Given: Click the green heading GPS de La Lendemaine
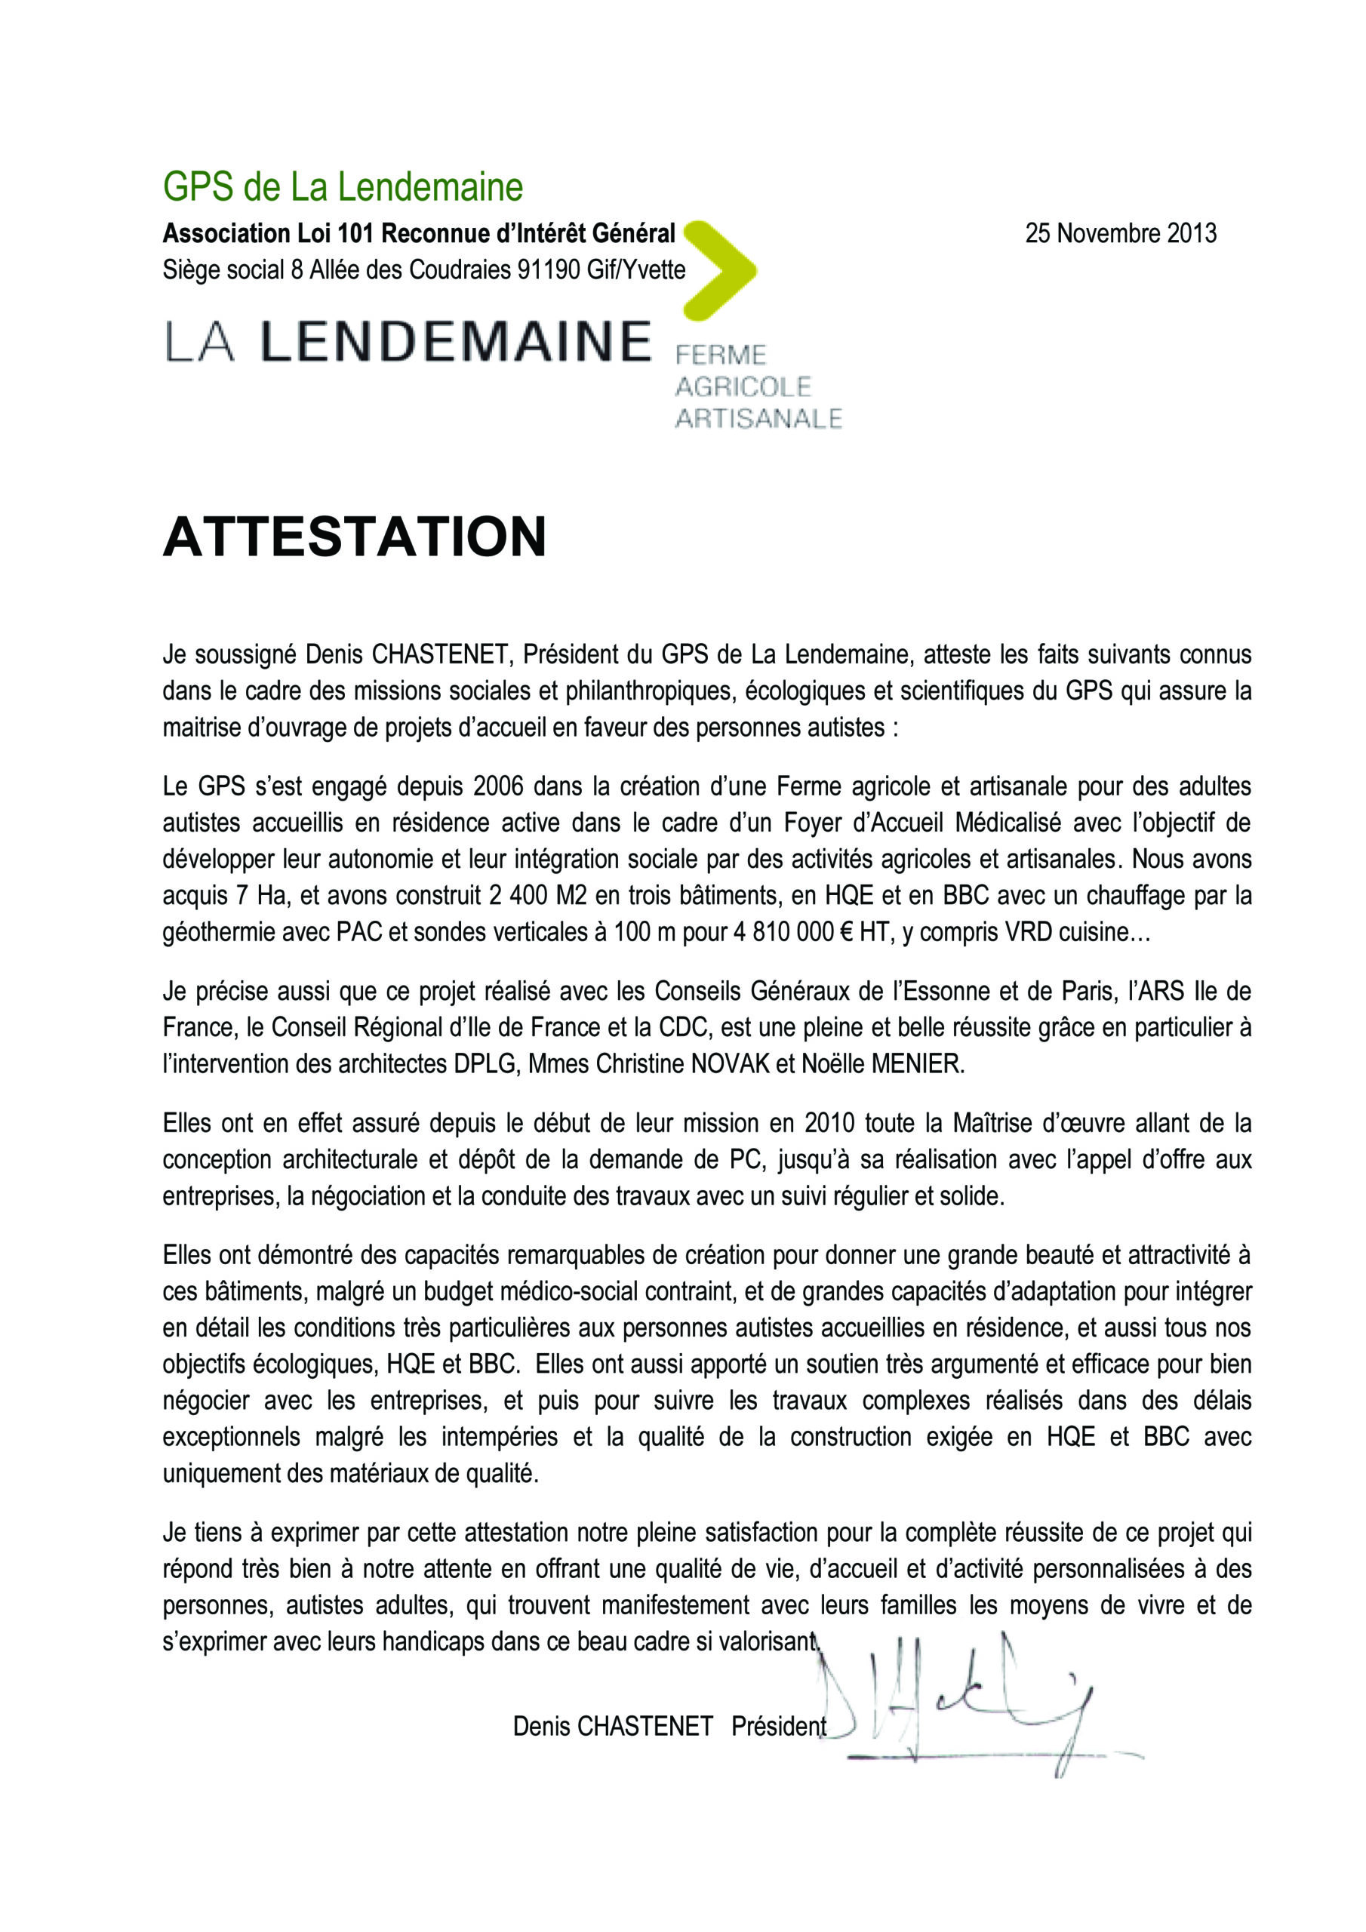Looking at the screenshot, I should pyautogui.click(x=343, y=187).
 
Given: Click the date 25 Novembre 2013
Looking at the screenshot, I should pyautogui.click(x=1120, y=233).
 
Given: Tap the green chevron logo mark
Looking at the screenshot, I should pyautogui.click(x=722, y=270).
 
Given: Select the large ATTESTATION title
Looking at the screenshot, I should pyautogui.click(x=355, y=537).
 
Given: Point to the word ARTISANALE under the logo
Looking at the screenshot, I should pyautogui.click(x=758, y=418).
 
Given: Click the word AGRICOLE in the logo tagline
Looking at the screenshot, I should pyautogui.click(x=743, y=386).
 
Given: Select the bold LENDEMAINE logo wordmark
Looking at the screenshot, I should pyautogui.click(x=455, y=342).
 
